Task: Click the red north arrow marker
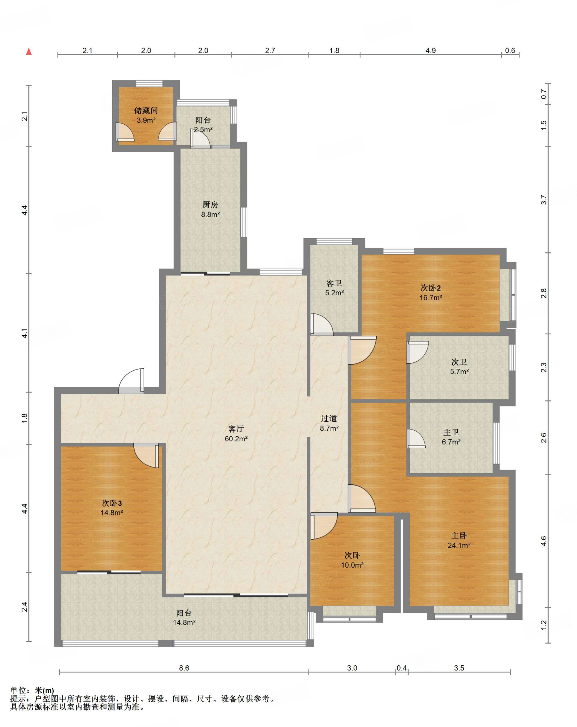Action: point(29,51)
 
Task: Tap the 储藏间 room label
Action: point(146,111)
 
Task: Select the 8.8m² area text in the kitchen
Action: point(210,214)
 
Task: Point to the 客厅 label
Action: point(236,429)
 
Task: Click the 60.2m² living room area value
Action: point(236,439)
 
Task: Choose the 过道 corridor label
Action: point(329,419)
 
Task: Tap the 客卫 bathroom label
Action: point(334,283)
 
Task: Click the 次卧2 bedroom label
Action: point(431,288)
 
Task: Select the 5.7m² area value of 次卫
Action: point(459,372)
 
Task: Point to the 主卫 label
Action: point(451,432)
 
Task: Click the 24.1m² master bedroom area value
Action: point(459,545)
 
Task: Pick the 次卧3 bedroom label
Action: point(112,503)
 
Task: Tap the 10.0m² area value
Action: point(352,565)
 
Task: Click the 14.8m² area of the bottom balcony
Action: point(184,622)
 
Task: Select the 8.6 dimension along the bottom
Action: point(184,668)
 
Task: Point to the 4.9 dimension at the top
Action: point(431,50)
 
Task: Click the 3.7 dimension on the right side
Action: point(544,199)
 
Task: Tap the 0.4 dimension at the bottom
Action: point(402,668)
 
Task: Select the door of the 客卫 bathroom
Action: point(322,324)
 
